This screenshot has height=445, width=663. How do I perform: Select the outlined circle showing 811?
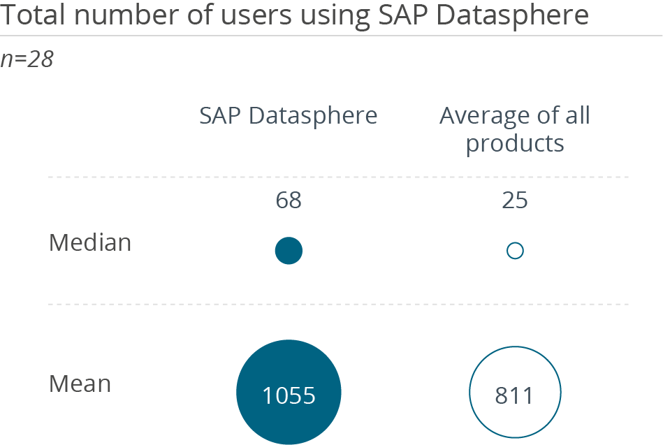coord(515,393)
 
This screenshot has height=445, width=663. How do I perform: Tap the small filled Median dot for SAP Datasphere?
coord(289,251)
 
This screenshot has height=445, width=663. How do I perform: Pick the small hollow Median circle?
coord(515,251)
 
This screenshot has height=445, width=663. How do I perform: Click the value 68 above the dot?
coord(289,201)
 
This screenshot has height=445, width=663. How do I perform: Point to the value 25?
coord(515,201)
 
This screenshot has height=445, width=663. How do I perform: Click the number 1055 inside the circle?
coord(289,396)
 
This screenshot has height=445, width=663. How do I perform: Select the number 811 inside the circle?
coord(515,396)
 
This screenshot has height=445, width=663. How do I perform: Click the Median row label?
coord(90,243)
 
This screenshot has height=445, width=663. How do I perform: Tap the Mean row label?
coord(80,384)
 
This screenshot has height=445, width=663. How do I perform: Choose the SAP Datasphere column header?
coord(289,115)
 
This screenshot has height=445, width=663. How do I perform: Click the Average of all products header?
coord(515,129)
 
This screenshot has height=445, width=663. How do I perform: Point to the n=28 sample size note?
coord(27,60)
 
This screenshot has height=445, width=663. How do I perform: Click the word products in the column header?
coord(515,144)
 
